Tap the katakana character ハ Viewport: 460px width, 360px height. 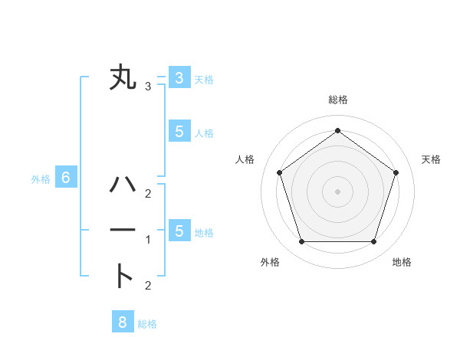123,185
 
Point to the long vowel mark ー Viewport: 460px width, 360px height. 123,231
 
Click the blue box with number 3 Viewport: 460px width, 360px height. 179,77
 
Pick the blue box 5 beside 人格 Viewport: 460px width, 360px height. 179,131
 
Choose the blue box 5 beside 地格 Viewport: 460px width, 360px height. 179,231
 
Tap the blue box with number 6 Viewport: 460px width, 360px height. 66,178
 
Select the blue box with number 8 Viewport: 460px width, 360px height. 123,322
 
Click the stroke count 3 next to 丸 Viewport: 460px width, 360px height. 148,86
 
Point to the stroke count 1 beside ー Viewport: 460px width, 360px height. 148,240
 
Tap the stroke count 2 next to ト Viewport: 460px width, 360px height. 148,286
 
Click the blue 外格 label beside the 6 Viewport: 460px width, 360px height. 41,179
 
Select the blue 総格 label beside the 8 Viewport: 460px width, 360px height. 147,324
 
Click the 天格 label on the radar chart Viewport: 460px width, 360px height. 432,159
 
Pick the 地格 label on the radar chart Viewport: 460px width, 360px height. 402,262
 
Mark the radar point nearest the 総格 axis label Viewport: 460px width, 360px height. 337,131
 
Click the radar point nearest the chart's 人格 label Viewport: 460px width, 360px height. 279,172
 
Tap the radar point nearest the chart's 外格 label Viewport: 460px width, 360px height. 301,242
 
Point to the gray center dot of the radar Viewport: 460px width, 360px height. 337,191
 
